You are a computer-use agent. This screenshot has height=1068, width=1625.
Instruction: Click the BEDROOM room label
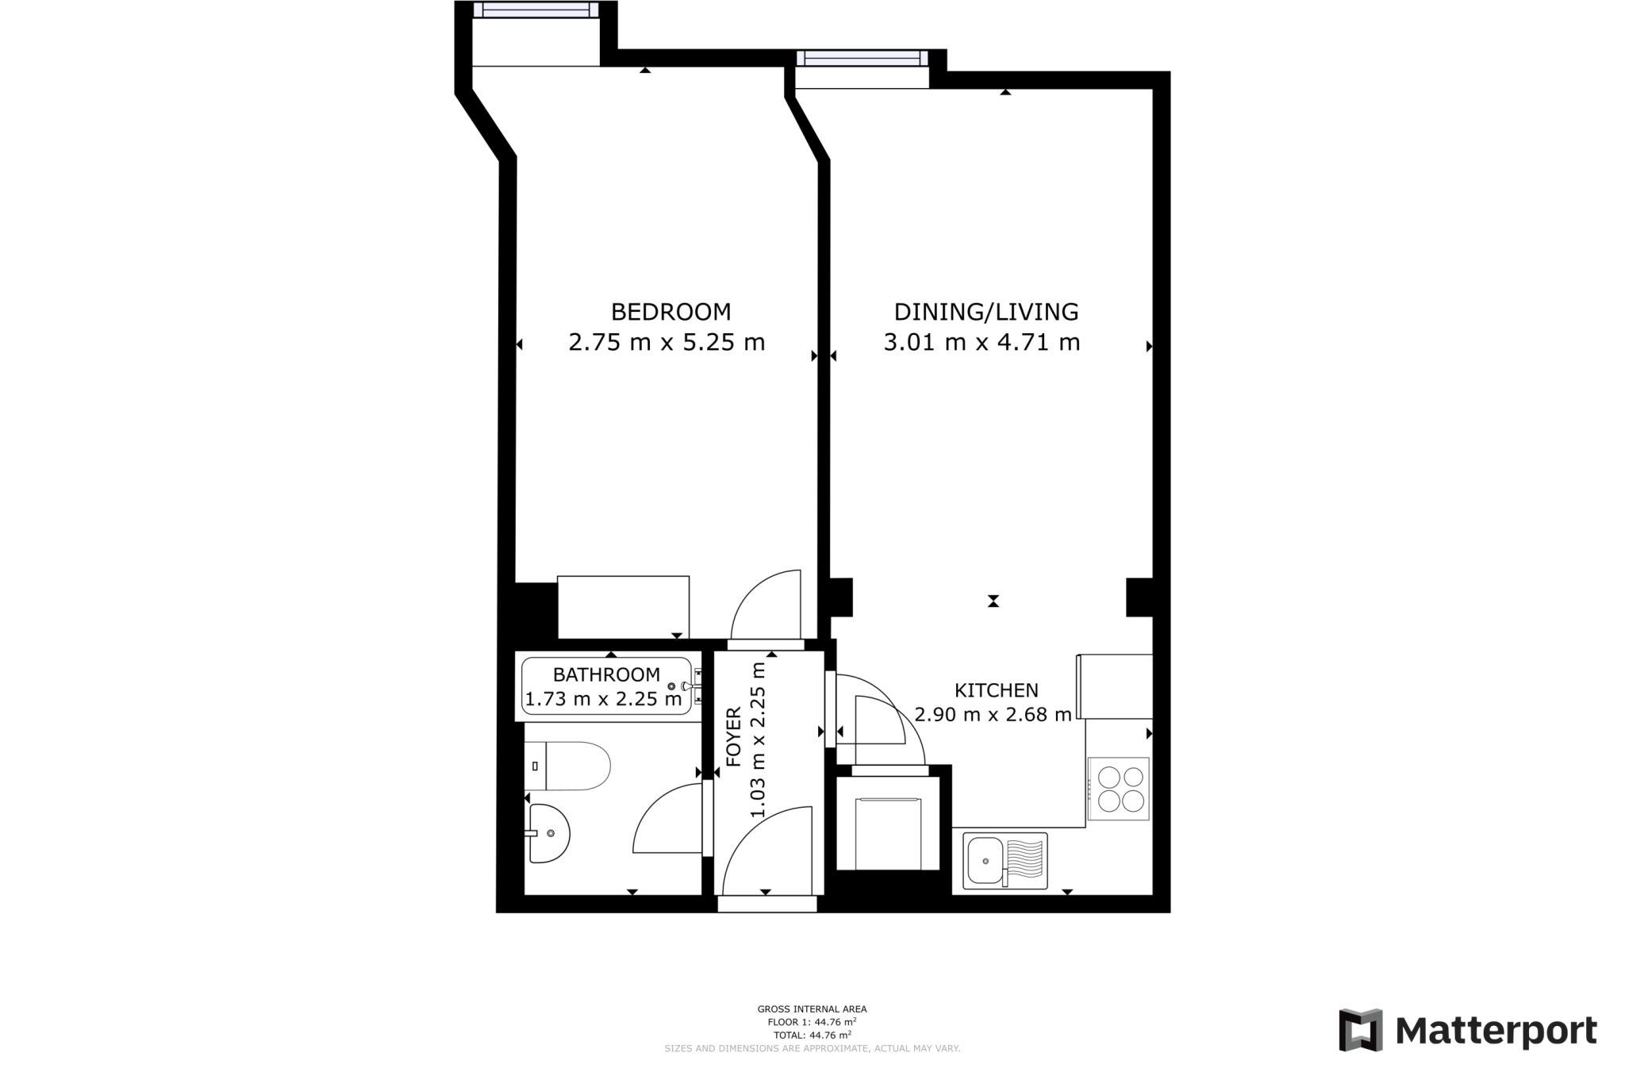[x=670, y=312]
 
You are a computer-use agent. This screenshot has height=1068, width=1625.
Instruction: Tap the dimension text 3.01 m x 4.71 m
[x=982, y=343]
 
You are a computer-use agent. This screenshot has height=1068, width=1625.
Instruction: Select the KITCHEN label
[x=996, y=690]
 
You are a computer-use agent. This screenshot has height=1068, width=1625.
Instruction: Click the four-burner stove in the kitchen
[x=1118, y=788]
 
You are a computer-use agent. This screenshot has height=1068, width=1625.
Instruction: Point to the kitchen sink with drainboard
[x=1005, y=861]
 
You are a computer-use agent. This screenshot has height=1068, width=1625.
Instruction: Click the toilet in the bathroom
[x=568, y=766]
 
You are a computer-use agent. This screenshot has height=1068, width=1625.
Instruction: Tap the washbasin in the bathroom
[x=549, y=833]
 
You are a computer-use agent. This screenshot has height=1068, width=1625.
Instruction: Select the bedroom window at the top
[x=536, y=10]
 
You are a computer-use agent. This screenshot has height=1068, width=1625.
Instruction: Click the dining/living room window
[x=862, y=57]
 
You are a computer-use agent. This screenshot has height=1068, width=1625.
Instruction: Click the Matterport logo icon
[x=1360, y=1030]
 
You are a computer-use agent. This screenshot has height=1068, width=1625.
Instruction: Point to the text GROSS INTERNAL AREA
[x=812, y=1009]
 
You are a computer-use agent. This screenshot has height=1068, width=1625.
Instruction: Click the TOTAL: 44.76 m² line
[x=812, y=1035]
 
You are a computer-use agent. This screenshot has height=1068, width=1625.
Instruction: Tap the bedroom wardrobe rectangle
[x=623, y=607]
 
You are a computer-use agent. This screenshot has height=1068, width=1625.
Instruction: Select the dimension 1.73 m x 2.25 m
[x=603, y=700]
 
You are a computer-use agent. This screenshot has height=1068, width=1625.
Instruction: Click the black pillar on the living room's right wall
[x=1139, y=597]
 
